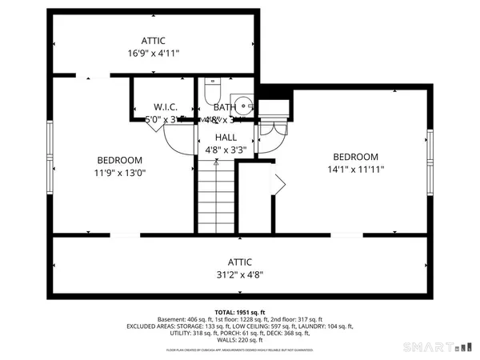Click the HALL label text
coord(225,137)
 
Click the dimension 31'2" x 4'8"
coord(239,274)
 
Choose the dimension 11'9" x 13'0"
coord(120,172)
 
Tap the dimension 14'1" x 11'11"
coord(356,169)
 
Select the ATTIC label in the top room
coord(154,40)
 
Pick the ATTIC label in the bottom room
coord(239,262)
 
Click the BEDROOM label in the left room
coord(120,159)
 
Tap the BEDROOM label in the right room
coord(356,157)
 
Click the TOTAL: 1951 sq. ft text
coord(240,312)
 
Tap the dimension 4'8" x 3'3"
coord(225,149)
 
